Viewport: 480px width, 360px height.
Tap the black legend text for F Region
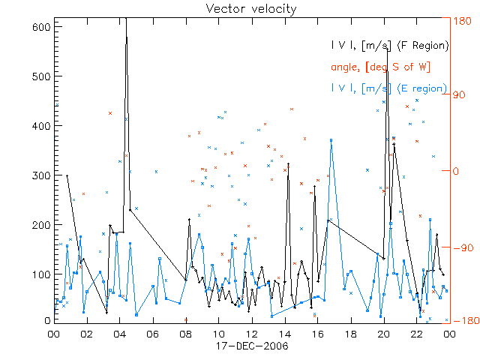pos(390,46)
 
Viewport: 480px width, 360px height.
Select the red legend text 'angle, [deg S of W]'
pos(379,67)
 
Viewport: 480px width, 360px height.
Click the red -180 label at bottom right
pos(462,321)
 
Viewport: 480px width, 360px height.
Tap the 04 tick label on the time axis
pos(119,334)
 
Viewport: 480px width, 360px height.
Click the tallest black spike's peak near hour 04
pos(126,19)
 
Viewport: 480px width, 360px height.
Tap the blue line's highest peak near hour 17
pos(331,139)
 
